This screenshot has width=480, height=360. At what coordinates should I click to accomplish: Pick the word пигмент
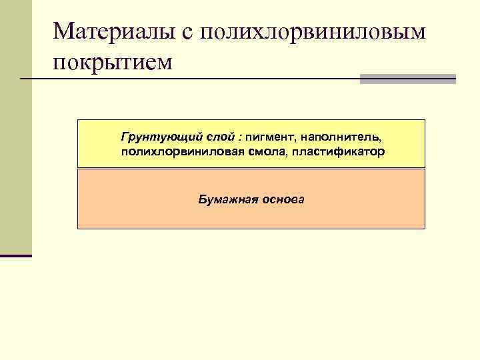[269, 137]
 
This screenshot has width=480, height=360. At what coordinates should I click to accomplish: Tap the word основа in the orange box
[283, 199]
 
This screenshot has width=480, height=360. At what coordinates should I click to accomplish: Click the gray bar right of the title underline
[407, 79]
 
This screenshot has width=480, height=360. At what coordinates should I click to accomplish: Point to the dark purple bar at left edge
[16, 255]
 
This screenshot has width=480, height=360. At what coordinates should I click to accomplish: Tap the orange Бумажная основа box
[251, 217]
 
